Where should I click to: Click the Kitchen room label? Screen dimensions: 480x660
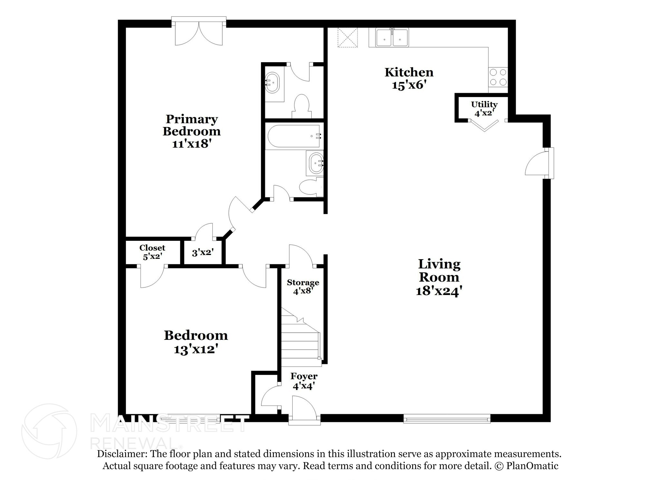coord(409,72)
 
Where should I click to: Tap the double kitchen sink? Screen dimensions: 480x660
coord(392,38)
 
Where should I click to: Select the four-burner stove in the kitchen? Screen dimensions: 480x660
coord(498,77)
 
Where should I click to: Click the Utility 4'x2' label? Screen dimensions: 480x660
coord(484,109)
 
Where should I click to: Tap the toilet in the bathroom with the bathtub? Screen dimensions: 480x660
coord(310,187)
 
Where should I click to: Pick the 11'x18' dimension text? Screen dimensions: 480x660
coord(191,143)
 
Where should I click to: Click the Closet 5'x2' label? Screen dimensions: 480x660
coord(152,252)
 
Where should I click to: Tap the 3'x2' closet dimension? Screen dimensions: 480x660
coord(203,252)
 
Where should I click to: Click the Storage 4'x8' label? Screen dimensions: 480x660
coord(303,287)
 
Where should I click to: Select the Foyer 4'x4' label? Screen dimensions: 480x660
coord(304,381)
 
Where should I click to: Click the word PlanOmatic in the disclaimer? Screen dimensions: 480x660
coord(532,465)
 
